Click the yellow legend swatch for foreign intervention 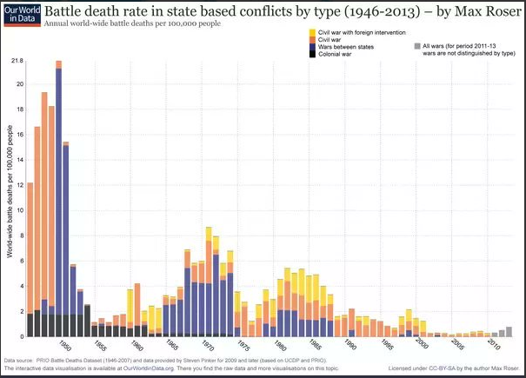point(312,32)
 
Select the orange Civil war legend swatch point(312,39)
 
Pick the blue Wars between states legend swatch point(312,47)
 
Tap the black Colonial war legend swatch point(312,54)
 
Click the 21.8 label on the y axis point(17,63)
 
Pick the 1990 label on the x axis point(350,347)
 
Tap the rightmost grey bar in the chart point(509,332)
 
